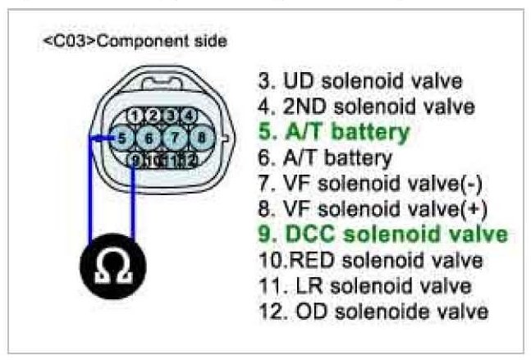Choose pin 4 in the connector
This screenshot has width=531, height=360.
[188, 115]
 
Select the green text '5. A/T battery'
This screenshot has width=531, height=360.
[334, 131]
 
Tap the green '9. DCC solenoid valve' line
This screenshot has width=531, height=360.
[382, 235]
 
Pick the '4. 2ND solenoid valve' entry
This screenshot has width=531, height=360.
[366, 107]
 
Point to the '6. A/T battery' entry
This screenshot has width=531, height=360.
[325, 157]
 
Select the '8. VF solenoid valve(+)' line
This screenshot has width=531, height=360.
[372, 209]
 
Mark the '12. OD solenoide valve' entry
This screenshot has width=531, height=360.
[373, 312]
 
